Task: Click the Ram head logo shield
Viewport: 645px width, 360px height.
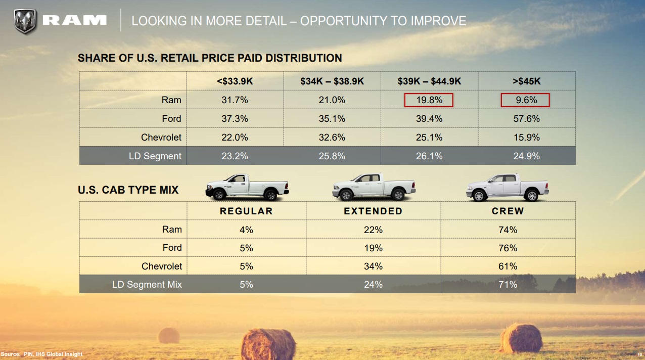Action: (25, 22)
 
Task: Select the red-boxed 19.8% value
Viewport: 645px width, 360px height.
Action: (429, 100)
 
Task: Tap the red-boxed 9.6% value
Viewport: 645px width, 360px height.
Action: (525, 100)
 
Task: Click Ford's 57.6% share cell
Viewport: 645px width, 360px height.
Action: (526, 119)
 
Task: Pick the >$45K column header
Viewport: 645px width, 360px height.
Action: (526, 81)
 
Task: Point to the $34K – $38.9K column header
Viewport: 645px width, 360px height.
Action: (332, 81)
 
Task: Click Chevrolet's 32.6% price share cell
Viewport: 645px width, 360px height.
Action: (332, 138)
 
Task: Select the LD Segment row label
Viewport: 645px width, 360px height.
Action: (155, 156)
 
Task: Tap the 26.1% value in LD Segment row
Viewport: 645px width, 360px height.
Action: (429, 156)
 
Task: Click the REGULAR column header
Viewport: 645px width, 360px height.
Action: (246, 211)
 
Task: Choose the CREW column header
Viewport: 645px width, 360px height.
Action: (508, 211)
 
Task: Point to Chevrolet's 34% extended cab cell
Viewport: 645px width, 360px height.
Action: (373, 266)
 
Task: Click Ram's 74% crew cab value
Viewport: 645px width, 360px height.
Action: (508, 230)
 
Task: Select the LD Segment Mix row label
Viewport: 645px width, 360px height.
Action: (147, 285)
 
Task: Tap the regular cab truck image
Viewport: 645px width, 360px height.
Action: (247, 187)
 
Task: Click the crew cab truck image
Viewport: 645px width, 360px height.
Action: (508, 187)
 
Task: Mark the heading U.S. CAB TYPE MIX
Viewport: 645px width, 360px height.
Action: (128, 190)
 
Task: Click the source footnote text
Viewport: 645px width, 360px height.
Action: (41, 354)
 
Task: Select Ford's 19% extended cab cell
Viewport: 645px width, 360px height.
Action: (373, 248)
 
